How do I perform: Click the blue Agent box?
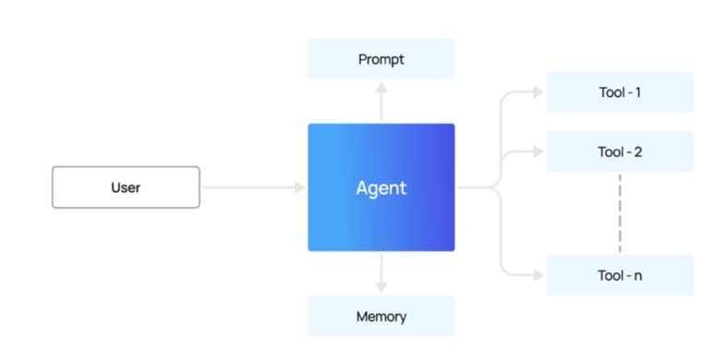tap(381, 187)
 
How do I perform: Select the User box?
tap(125, 187)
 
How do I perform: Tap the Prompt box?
tap(381, 59)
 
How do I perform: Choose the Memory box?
tap(381, 317)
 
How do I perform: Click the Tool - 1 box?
tap(619, 92)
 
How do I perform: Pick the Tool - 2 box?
tap(619, 151)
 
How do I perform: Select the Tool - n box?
tap(619, 275)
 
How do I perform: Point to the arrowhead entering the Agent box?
tap(299, 187)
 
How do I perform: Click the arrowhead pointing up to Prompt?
tap(381, 86)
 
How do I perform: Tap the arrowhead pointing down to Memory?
tap(381, 288)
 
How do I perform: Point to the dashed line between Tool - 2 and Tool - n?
tap(619, 213)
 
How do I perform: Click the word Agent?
tap(381, 188)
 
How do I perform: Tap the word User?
tap(125, 187)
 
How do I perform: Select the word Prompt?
tap(381, 60)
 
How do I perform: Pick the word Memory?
tap(381, 317)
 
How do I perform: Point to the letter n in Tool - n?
tap(636, 276)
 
